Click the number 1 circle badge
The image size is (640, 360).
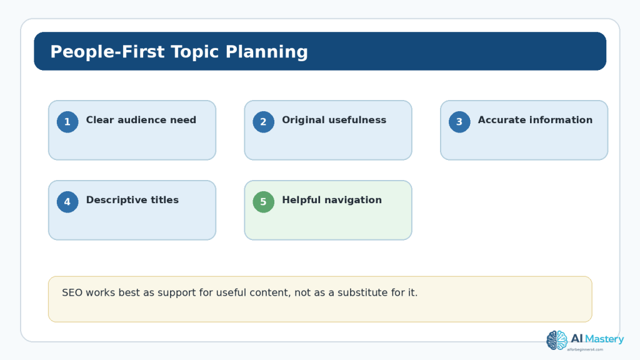[67, 122]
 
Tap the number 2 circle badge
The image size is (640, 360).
[263, 122]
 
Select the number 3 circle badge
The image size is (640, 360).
[459, 122]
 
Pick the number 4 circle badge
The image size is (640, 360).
[67, 202]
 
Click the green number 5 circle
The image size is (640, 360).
[263, 202]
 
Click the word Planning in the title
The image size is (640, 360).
[266, 52]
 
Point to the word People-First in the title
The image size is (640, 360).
[107, 52]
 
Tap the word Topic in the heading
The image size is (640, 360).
[195, 52]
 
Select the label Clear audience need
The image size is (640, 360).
[141, 120]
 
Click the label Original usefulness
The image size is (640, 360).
[334, 120]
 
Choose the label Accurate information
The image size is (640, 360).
[535, 120]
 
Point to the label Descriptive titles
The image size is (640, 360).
[132, 200]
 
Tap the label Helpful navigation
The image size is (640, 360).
[332, 200]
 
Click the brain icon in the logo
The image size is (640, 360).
[557, 341]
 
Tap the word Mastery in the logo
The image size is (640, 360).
[604, 339]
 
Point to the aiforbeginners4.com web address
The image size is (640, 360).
[585, 350]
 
